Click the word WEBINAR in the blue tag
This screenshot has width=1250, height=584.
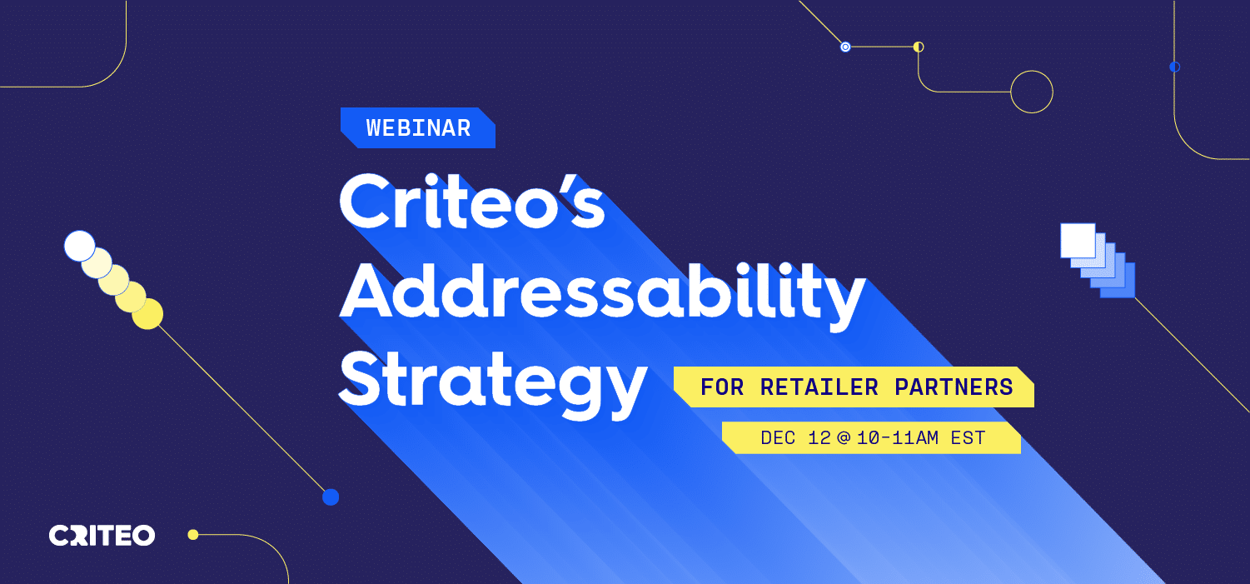click(x=419, y=128)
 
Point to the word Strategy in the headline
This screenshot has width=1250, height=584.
click(x=493, y=384)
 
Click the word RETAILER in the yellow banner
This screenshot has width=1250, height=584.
click(x=819, y=387)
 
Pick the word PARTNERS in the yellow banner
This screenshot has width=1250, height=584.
click(x=954, y=387)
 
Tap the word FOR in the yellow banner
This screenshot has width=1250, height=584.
click(x=722, y=387)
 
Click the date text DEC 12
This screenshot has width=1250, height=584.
click(x=796, y=437)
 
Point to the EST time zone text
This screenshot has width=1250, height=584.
click(x=969, y=437)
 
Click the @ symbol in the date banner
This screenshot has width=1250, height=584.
click(x=844, y=437)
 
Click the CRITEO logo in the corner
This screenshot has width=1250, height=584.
click(x=102, y=536)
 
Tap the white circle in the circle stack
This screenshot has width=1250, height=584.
click(x=80, y=247)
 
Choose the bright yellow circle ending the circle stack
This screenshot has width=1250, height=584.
click(x=148, y=314)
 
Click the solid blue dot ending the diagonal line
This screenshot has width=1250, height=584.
click(x=331, y=497)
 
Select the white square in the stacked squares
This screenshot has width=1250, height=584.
click(x=1078, y=241)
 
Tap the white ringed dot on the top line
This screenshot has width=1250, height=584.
click(x=845, y=47)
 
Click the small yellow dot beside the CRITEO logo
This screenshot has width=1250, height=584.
click(x=193, y=535)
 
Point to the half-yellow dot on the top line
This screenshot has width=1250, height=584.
click(x=919, y=47)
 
